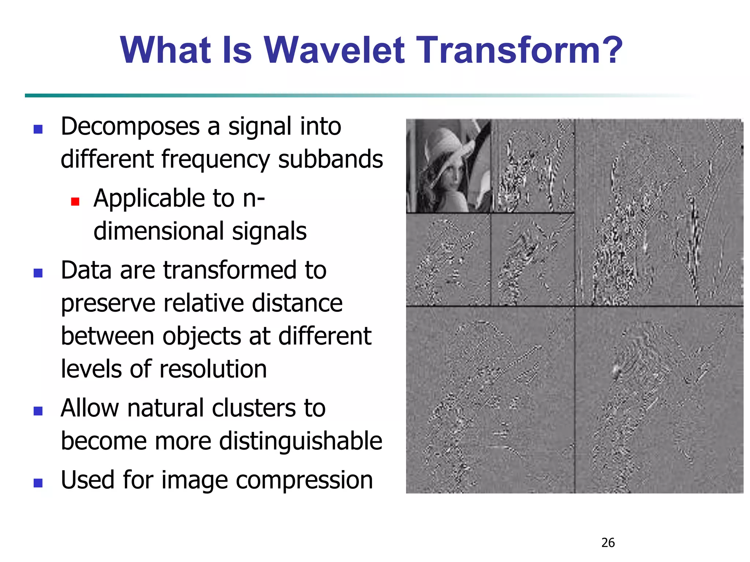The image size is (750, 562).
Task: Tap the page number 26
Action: coord(608,543)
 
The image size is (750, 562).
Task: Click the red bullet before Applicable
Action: coord(75,202)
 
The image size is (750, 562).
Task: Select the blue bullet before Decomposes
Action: coord(38,129)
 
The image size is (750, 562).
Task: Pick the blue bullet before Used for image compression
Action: coord(38,483)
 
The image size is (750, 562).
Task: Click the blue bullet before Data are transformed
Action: coord(38,273)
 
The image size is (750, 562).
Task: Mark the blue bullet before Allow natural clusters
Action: coord(38,411)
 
